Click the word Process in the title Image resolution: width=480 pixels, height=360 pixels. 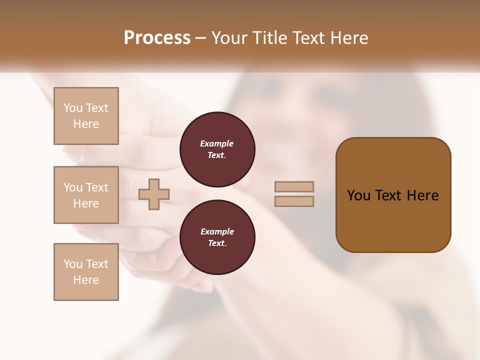(157, 38)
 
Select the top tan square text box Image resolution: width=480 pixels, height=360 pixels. (86, 116)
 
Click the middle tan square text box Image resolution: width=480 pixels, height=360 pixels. (86, 195)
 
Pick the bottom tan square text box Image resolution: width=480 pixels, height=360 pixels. (86, 272)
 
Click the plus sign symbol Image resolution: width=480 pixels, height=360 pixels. (154, 194)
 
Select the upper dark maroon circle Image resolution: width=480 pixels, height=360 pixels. (217, 149)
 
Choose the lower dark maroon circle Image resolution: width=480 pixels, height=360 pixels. (217, 237)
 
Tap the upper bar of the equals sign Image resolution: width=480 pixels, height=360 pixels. (294, 186)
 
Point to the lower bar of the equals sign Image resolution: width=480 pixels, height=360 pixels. (294, 201)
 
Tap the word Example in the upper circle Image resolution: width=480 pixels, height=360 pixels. (217, 143)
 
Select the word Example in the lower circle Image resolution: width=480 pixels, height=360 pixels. (217, 231)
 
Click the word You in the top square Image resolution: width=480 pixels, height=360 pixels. (73, 108)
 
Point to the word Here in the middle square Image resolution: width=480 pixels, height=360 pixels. (86, 203)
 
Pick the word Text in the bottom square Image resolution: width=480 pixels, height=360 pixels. (97, 264)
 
